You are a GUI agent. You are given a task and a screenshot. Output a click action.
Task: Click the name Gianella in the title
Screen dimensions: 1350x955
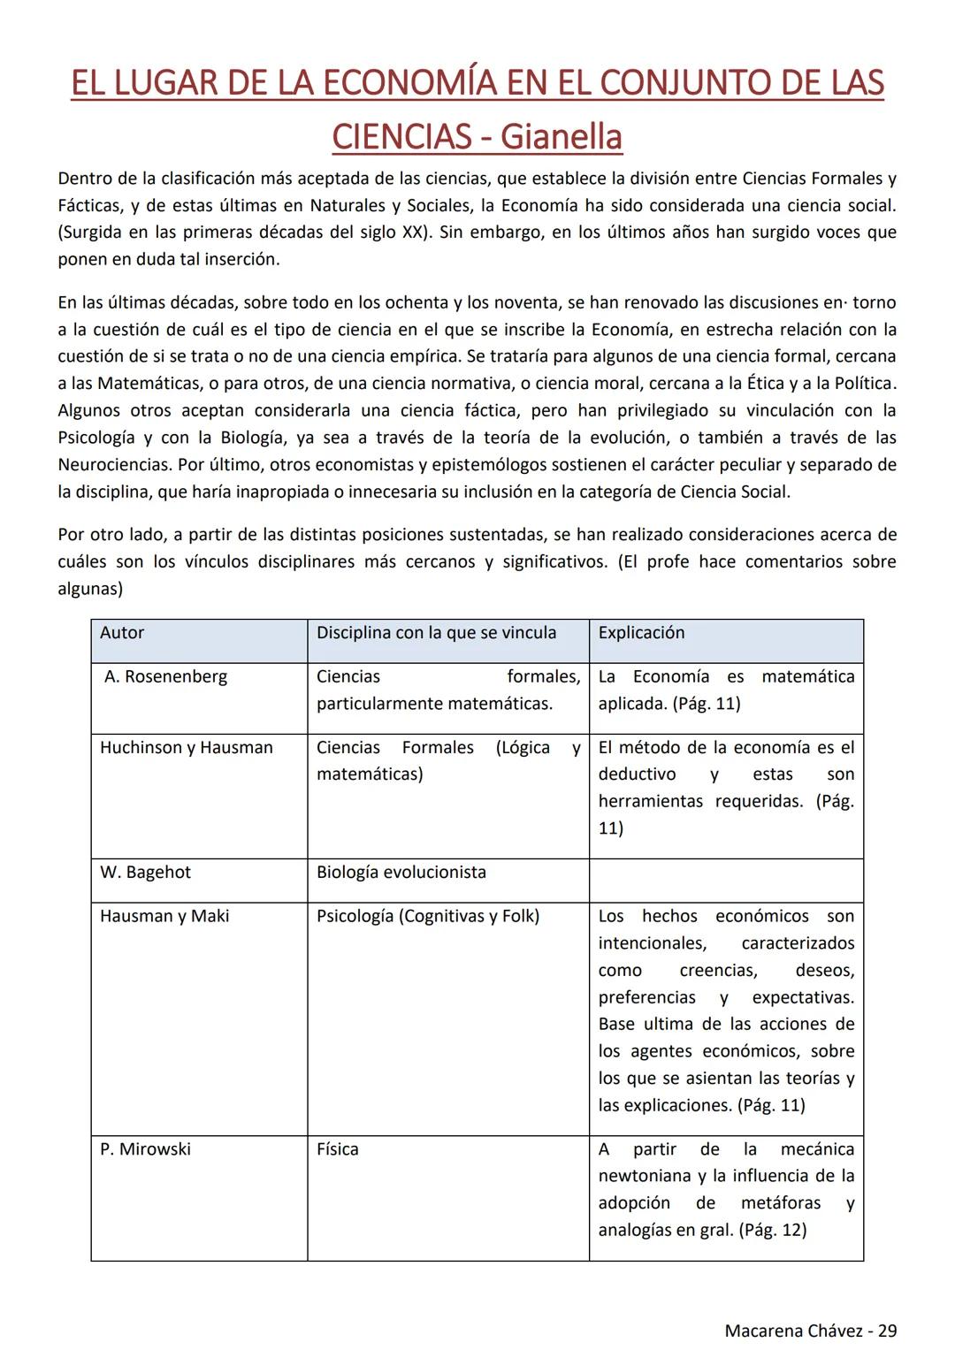[x=561, y=137]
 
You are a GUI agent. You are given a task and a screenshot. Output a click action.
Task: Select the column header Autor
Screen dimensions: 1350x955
[x=122, y=633]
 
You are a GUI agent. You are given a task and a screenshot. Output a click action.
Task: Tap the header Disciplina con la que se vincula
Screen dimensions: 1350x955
[x=436, y=633]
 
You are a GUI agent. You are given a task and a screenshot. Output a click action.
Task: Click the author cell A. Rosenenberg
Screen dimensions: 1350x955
[x=165, y=677]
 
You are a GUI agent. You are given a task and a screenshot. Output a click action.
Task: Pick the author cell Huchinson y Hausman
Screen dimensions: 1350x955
[x=187, y=748]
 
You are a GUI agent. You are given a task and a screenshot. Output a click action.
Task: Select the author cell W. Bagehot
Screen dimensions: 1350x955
[x=145, y=873]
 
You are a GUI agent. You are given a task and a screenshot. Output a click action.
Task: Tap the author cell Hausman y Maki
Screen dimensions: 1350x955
[x=164, y=917]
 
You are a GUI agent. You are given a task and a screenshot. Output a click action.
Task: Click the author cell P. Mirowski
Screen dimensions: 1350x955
[x=145, y=1149]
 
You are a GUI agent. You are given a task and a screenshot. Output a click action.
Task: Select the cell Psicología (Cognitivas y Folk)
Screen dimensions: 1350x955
[x=428, y=917]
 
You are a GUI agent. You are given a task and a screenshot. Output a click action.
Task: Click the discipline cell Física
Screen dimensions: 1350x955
[x=338, y=1149]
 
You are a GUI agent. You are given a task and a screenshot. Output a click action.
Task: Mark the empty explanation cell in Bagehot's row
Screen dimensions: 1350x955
[x=725, y=881]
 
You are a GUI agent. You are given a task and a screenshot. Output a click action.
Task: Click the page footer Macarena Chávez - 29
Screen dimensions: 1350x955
[x=810, y=1331]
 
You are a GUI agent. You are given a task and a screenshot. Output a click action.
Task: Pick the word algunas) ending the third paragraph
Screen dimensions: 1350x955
[x=90, y=589]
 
